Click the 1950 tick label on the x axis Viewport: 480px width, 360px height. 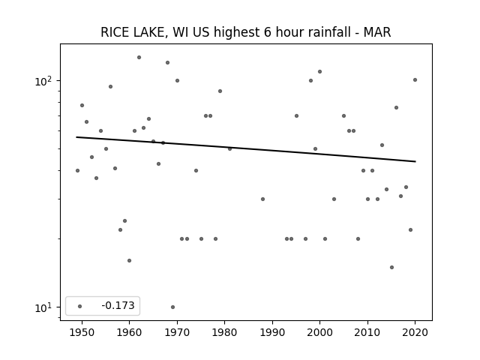coord(82,332)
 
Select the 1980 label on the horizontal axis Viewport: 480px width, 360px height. coord(224,332)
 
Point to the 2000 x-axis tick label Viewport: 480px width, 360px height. coord(320,332)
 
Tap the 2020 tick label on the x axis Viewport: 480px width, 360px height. coord(415,332)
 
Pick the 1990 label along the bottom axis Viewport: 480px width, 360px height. coord(272,332)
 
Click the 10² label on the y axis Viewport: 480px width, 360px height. coord(43,81)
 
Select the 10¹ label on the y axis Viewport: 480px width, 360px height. coord(43,307)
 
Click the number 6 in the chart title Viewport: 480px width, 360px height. coord(267,32)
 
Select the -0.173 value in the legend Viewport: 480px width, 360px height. coord(118,305)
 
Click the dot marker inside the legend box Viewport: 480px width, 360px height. coord(80,306)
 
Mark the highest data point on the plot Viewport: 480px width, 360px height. coord(139,57)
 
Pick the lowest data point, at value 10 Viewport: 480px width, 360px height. coord(172,307)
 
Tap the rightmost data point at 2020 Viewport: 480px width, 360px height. coord(415,80)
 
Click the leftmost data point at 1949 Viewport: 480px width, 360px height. coord(77,170)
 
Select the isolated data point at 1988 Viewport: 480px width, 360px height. coord(262,199)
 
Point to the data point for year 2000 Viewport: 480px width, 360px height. coord(320,72)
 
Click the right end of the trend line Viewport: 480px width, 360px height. coord(415,161)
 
